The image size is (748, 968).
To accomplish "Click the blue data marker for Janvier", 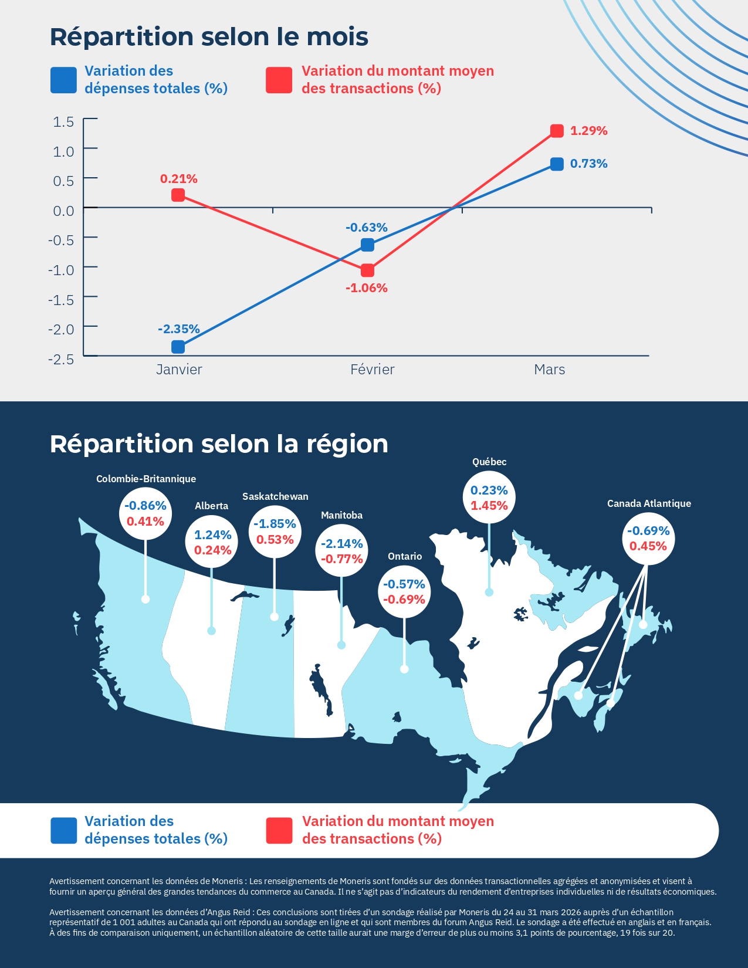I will click(x=178, y=347).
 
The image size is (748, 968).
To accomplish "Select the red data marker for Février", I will click(x=367, y=270).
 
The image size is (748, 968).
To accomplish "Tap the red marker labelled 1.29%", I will click(x=557, y=131).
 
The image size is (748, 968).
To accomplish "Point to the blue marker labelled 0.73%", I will click(x=557, y=164).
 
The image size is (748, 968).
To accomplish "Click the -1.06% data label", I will click(x=367, y=288).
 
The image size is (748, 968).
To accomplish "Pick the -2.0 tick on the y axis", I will click(x=61, y=329).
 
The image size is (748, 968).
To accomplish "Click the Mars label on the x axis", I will click(x=549, y=370).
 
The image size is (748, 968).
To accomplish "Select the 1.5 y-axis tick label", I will click(x=63, y=122).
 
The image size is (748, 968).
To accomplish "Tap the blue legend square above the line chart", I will click(x=63, y=80).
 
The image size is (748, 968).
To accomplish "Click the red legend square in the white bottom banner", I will click(x=279, y=831).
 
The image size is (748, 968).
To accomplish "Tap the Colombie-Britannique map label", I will click(x=146, y=479).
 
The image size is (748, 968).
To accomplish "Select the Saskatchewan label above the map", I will click(x=275, y=496).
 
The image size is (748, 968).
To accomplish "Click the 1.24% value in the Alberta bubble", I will click(x=212, y=535).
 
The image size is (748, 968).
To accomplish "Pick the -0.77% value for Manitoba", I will click(x=342, y=559).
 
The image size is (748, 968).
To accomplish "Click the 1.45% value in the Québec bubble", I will click(x=489, y=506).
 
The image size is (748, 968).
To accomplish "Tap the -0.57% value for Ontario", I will click(x=404, y=584).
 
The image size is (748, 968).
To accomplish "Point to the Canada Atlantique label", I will click(x=649, y=503).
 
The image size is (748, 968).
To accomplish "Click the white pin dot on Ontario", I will click(x=404, y=669).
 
